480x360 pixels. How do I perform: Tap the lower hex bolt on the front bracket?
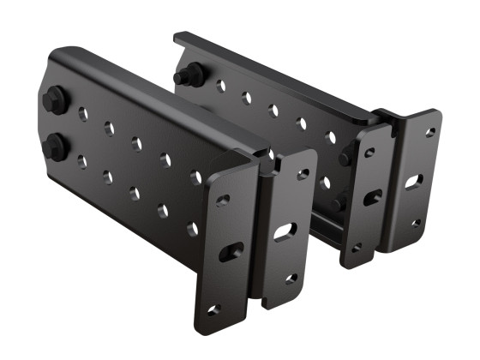53,147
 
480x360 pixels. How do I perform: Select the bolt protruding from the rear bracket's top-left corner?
184,76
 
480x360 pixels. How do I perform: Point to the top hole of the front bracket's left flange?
223,200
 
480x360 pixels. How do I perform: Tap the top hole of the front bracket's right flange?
303,175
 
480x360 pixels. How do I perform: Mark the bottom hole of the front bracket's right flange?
291,279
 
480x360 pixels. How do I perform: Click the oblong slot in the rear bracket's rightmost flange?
413,183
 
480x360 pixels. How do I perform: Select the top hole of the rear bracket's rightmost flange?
430,133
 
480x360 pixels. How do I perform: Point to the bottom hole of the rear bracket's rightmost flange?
416,224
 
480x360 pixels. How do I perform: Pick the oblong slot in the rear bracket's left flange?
372,199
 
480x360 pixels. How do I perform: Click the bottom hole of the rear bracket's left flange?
357,246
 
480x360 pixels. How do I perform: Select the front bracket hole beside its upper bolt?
82,111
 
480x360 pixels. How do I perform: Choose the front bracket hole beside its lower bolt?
81,159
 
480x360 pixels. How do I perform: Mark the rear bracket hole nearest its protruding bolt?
220,86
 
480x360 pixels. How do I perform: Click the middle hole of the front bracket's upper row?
137,143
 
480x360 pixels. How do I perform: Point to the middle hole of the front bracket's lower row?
135,192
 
